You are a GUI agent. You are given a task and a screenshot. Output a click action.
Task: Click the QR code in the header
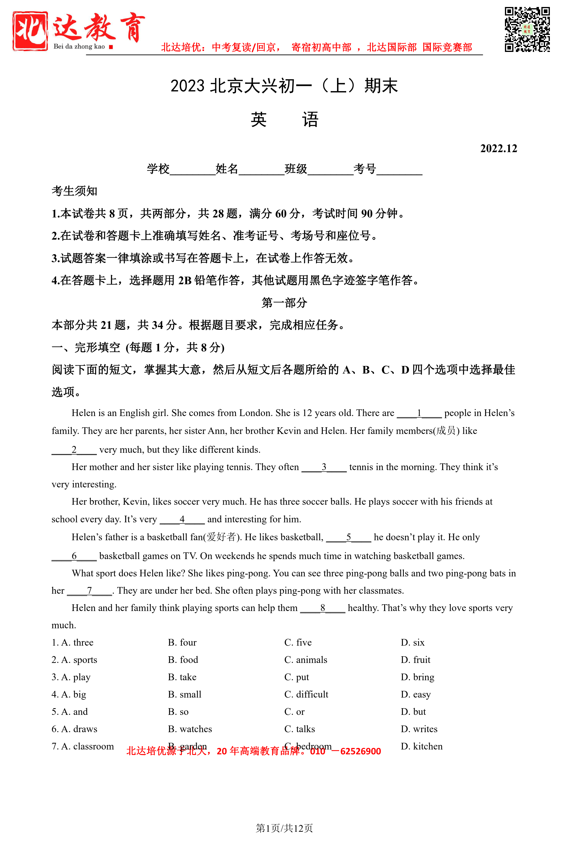click(527, 29)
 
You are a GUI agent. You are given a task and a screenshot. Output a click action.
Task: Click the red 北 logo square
click(30, 31)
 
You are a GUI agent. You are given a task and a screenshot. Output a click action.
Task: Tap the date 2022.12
click(498, 148)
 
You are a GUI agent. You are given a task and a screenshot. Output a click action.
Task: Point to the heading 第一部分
click(284, 303)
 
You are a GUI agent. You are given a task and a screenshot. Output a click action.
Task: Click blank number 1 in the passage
click(419, 413)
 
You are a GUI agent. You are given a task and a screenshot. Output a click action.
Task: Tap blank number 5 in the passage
click(348, 537)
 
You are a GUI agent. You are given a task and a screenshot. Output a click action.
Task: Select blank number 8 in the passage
click(322, 608)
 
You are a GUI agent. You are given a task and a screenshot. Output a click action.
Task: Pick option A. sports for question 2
click(75, 660)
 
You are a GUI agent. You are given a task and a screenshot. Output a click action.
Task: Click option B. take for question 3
click(182, 677)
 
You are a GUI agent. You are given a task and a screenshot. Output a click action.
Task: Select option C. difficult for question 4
click(306, 695)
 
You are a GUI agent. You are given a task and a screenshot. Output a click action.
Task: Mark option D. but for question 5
click(413, 712)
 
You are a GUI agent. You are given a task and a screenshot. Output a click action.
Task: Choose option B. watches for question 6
click(190, 729)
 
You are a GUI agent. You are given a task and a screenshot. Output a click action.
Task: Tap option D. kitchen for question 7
click(421, 747)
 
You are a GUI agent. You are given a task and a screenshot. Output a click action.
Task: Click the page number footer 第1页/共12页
click(284, 828)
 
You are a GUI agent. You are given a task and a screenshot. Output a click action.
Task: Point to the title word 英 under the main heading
click(259, 120)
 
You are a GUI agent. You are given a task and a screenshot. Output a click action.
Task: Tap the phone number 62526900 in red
click(360, 752)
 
